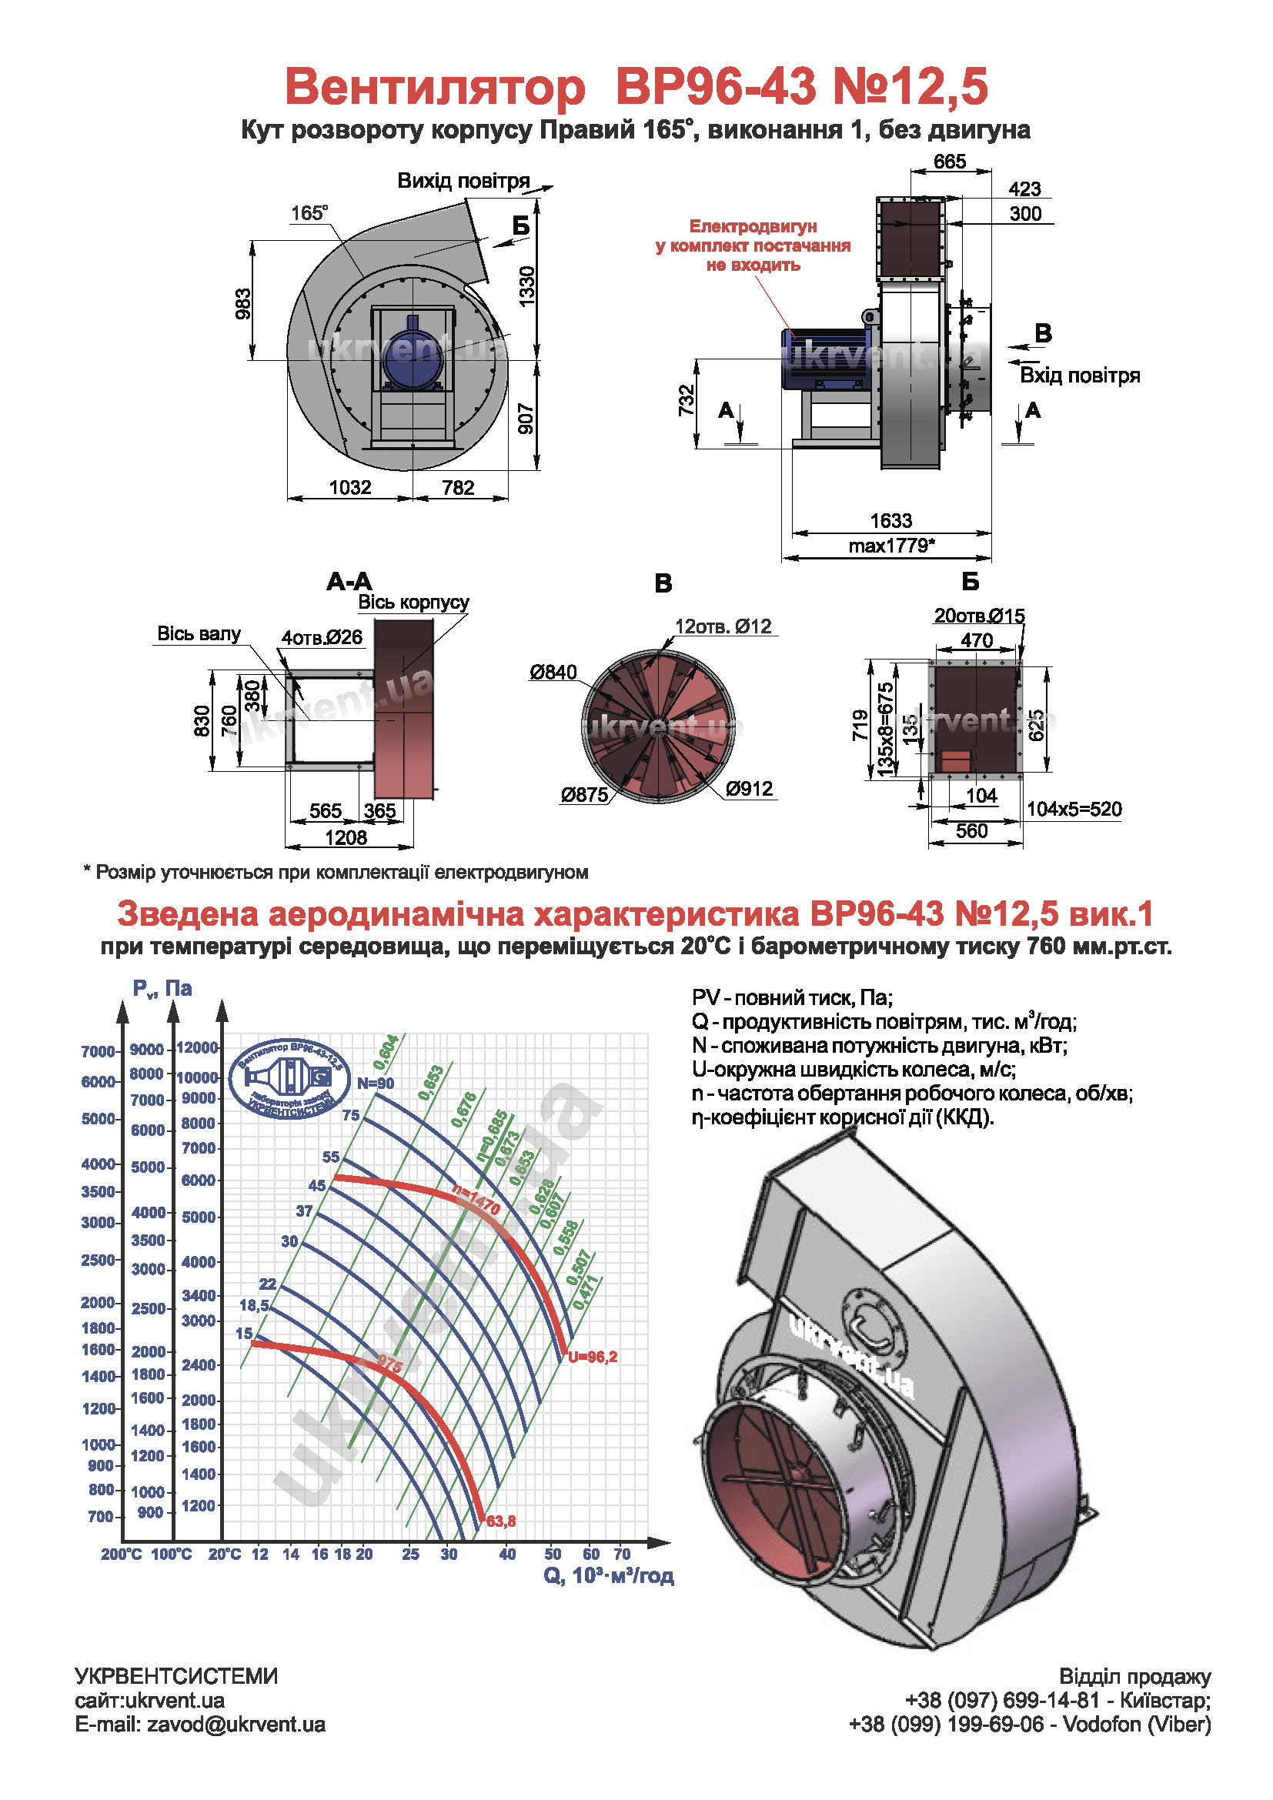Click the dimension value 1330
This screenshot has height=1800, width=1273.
(x=527, y=287)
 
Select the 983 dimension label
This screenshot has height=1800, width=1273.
(x=244, y=304)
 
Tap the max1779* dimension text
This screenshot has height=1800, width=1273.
(x=892, y=546)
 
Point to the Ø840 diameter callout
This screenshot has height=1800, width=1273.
(x=553, y=672)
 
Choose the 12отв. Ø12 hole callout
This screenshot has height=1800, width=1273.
(x=723, y=626)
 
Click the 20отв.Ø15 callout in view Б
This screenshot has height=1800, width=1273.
(x=979, y=616)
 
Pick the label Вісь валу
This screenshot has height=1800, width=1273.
(x=199, y=634)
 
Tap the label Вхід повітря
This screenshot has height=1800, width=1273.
(x=1079, y=376)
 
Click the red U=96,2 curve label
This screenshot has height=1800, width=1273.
(x=593, y=1357)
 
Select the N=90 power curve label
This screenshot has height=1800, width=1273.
(x=376, y=1084)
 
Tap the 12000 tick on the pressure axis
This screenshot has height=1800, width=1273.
(x=198, y=1047)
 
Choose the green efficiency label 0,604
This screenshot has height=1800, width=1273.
(x=386, y=1052)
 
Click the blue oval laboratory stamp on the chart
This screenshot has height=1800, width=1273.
(x=289, y=1080)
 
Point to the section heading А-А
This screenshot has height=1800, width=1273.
(x=349, y=582)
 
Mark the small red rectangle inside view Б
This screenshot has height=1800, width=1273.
(x=957, y=760)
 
